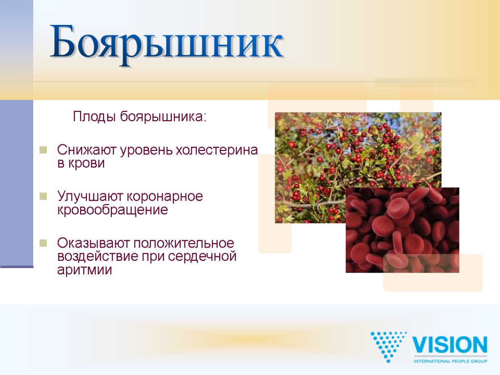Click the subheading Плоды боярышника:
click(140, 117)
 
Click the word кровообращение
click(112, 210)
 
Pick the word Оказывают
click(89, 243)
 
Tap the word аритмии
click(84, 270)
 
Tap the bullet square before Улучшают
click(43, 196)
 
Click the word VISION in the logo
click(450, 345)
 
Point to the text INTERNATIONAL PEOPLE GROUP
click(450, 361)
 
